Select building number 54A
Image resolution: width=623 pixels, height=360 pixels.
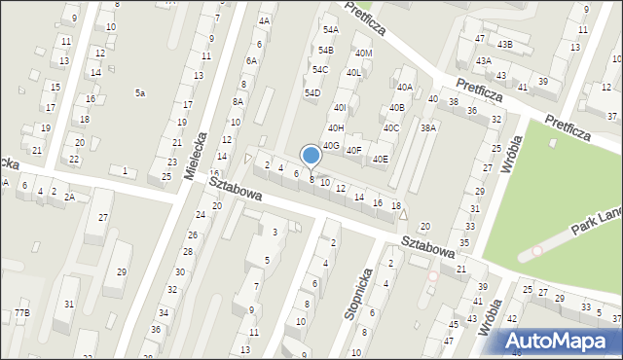[331, 30]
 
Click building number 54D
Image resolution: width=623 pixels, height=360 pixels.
[311, 93]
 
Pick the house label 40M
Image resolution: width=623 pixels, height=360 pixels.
[364, 54]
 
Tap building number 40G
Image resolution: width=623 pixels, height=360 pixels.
[331, 146]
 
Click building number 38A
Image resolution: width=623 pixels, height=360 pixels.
[428, 127]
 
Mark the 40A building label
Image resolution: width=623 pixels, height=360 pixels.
[404, 88]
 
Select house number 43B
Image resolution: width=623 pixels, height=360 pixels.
[504, 45]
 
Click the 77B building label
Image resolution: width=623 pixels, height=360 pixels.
[21, 312]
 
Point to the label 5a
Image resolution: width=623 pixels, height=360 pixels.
[140, 93]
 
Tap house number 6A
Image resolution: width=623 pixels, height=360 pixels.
[250, 61]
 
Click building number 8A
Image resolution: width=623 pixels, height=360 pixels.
[238, 101]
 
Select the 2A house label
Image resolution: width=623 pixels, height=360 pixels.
[69, 197]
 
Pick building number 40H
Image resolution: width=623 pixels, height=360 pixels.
[336, 127]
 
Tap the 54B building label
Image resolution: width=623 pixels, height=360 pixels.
[325, 50]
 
